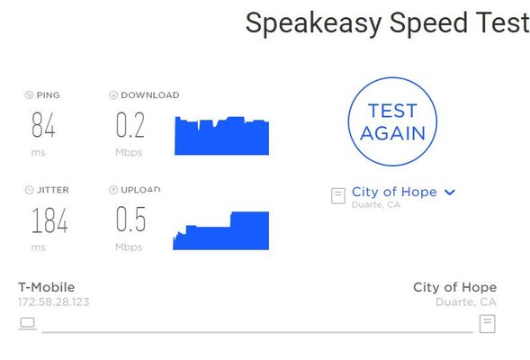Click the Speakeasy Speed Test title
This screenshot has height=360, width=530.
coord(387,23)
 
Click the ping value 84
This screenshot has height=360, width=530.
coord(43,125)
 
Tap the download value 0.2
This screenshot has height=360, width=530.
coord(130,125)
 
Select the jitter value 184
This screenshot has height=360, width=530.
coord(49,220)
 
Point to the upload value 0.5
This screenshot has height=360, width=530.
coord(130,219)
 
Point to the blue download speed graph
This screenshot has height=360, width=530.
coord(221,136)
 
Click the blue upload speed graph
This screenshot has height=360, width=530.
coord(221,231)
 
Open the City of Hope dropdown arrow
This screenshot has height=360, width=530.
coord(450,193)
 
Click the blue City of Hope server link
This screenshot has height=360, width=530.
coord(394,192)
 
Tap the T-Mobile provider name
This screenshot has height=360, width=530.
coord(46,287)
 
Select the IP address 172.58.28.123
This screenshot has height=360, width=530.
coord(54,301)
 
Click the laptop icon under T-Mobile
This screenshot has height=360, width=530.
coord(27,323)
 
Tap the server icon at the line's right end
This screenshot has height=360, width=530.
coord(488,323)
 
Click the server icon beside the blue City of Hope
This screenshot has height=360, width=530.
coord(338,195)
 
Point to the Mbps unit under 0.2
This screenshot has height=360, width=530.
coord(129,152)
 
